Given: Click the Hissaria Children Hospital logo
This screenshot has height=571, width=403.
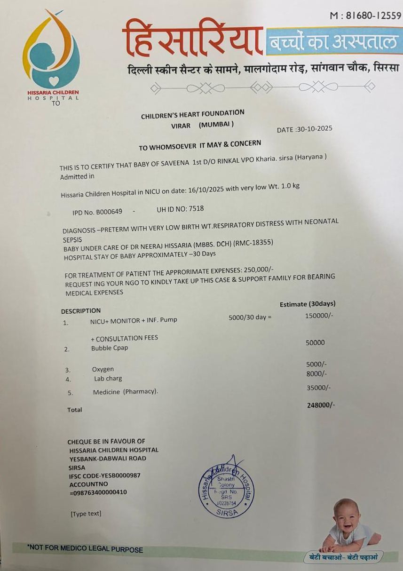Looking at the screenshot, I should [51, 52].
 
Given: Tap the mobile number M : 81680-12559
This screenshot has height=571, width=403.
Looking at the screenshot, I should [365, 16].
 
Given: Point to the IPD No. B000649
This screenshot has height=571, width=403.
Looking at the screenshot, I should [97, 212].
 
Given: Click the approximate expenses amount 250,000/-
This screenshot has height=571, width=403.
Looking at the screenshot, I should [258, 270].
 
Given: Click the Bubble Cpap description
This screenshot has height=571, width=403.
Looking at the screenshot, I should [110, 348].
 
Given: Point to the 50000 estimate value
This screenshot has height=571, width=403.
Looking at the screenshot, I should [315, 343].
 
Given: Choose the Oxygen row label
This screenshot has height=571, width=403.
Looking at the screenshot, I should [103, 369].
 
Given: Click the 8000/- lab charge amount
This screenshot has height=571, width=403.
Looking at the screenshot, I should [316, 373].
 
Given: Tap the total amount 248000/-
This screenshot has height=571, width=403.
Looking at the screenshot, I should [321, 405].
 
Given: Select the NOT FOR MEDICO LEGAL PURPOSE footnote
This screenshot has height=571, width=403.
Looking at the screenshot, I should [85, 549].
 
